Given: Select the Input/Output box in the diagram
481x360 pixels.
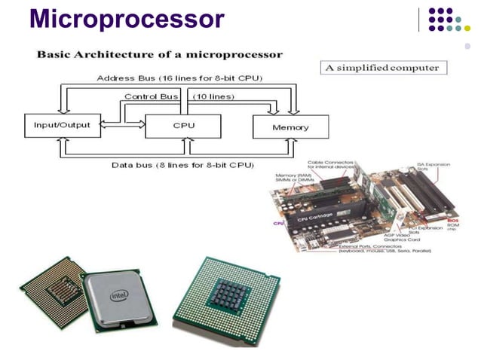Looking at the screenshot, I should (x=62, y=125).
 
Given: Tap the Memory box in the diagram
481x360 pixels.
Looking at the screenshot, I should (x=290, y=127).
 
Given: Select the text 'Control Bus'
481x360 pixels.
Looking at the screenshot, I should (x=151, y=96).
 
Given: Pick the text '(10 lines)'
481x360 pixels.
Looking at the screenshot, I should (x=213, y=96).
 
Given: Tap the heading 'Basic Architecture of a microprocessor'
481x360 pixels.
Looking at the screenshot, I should (x=161, y=54).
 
